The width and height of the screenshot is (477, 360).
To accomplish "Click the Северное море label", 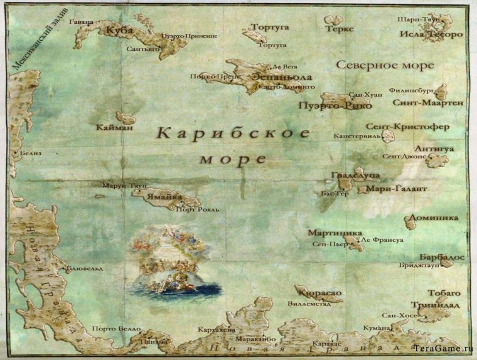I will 385,65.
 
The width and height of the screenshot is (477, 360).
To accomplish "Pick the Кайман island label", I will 115,128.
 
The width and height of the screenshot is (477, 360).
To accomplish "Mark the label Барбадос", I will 441,258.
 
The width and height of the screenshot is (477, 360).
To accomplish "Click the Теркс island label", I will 340,29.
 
